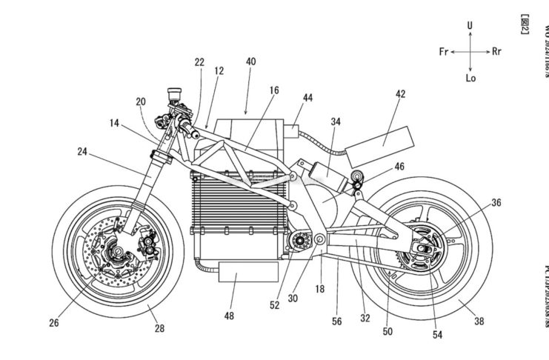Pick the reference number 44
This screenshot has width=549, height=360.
307,97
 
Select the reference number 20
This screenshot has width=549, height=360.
141,101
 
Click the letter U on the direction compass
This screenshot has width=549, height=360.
470,25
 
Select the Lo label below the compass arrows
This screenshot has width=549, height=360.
470,77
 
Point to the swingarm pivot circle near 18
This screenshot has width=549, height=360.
319,239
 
